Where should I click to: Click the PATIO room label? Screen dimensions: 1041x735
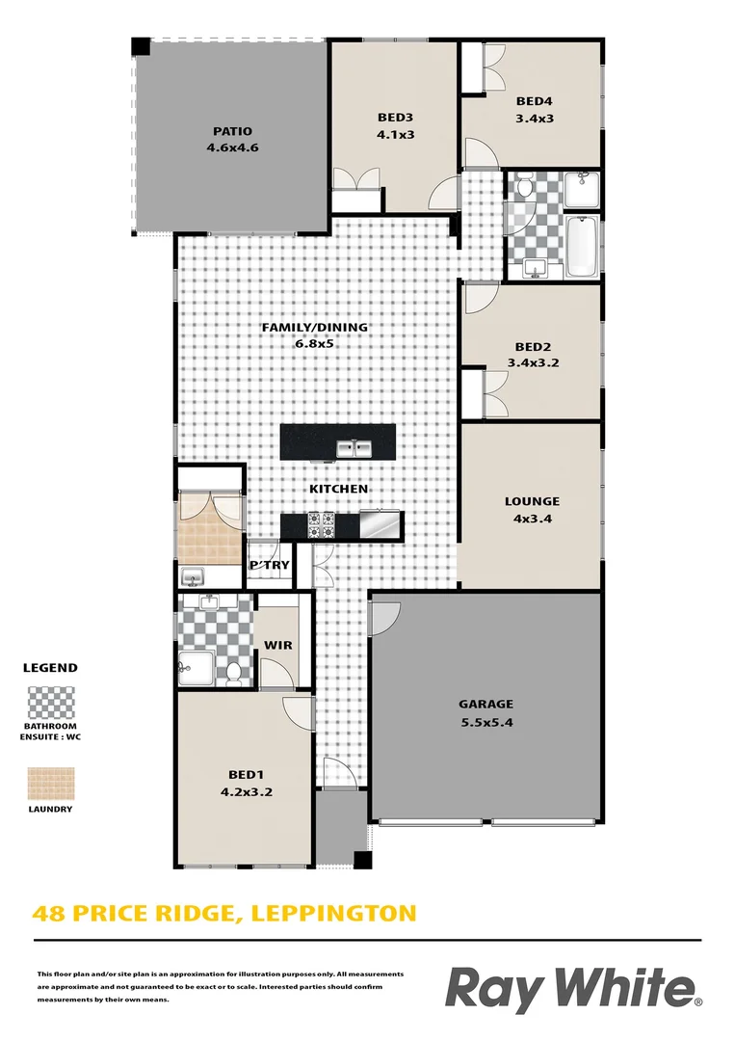pos(232,131)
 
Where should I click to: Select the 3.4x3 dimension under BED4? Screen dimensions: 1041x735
pos(535,119)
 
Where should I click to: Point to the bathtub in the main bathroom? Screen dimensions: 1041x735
pos(583,248)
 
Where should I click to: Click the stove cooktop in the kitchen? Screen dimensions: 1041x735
pos(320,525)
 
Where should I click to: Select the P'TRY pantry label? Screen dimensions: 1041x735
pos(269,565)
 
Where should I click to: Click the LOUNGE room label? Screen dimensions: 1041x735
pos(532,501)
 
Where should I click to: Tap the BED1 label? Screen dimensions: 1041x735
pos(246,774)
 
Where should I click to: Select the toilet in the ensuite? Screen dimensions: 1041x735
pos(233,674)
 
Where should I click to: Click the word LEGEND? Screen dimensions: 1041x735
pos(50,667)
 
